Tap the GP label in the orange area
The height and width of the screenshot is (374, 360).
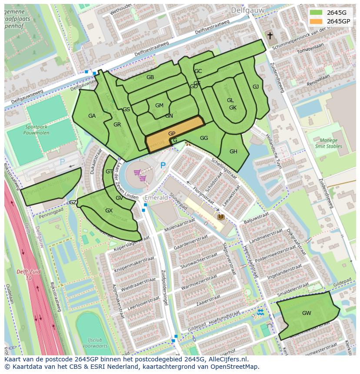coord(172,134)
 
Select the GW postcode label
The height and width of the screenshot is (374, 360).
coord(307,313)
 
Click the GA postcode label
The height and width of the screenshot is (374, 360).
coord(92,116)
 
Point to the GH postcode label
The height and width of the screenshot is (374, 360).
coord(233,152)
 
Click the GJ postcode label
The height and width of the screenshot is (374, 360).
coord(256,87)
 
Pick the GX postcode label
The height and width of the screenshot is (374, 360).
coord(109,211)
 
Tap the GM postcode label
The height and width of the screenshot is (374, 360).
coord(159,106)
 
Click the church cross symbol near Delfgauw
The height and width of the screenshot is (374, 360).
coord(270,36)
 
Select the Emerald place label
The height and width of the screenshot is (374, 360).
coord(156,198)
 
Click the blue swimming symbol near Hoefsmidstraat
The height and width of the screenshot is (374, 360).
coord(260,313)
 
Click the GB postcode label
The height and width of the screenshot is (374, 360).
coord(150,77)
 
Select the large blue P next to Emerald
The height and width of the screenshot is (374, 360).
coord(163,165)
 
